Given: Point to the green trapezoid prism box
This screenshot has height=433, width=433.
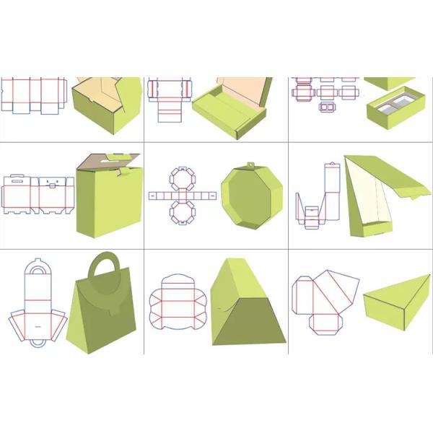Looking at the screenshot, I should pos(246,307).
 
